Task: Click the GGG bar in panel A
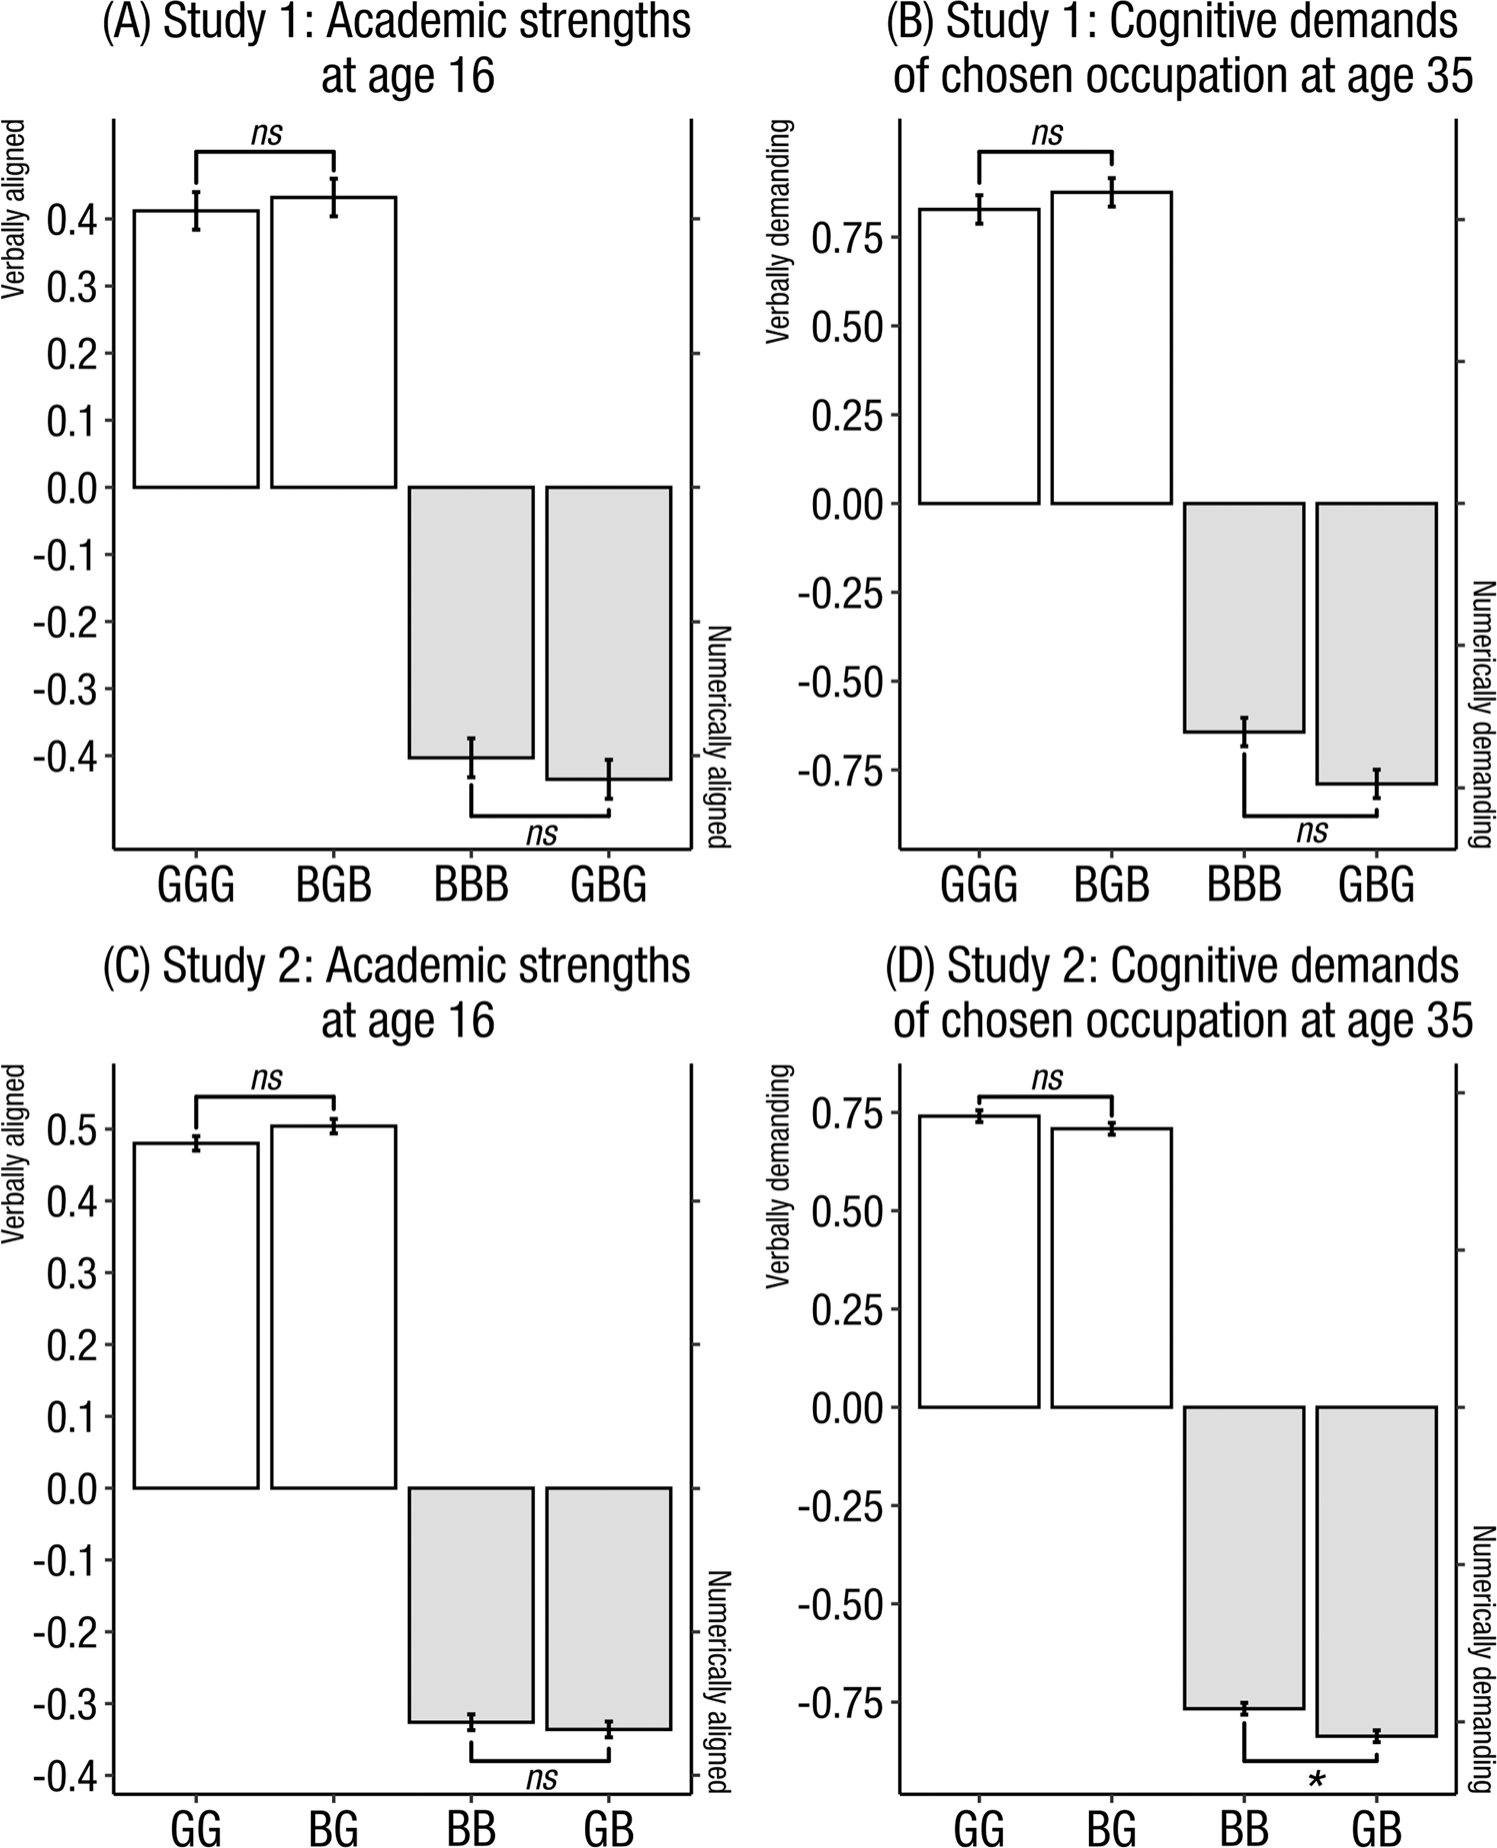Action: pyautogui.click(x=196, y=350)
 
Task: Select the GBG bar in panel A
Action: pyautogui.click(x=608, y=632)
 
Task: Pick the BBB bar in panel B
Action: pyautogui.click(x=1244, y=617)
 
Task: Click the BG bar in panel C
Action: pyautogui.click(x=333, y=1306)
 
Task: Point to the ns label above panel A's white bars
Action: pyautogui.click(x=266, y=133)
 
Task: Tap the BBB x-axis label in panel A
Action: pyautogui.click(x=471, y=885)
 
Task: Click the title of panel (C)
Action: pyautogui.click(x=397, y=993)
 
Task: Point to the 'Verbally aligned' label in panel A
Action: pyautogui.click(x=13, y=210)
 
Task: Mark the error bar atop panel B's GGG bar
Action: pyautogui.click(x=979, y=209)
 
